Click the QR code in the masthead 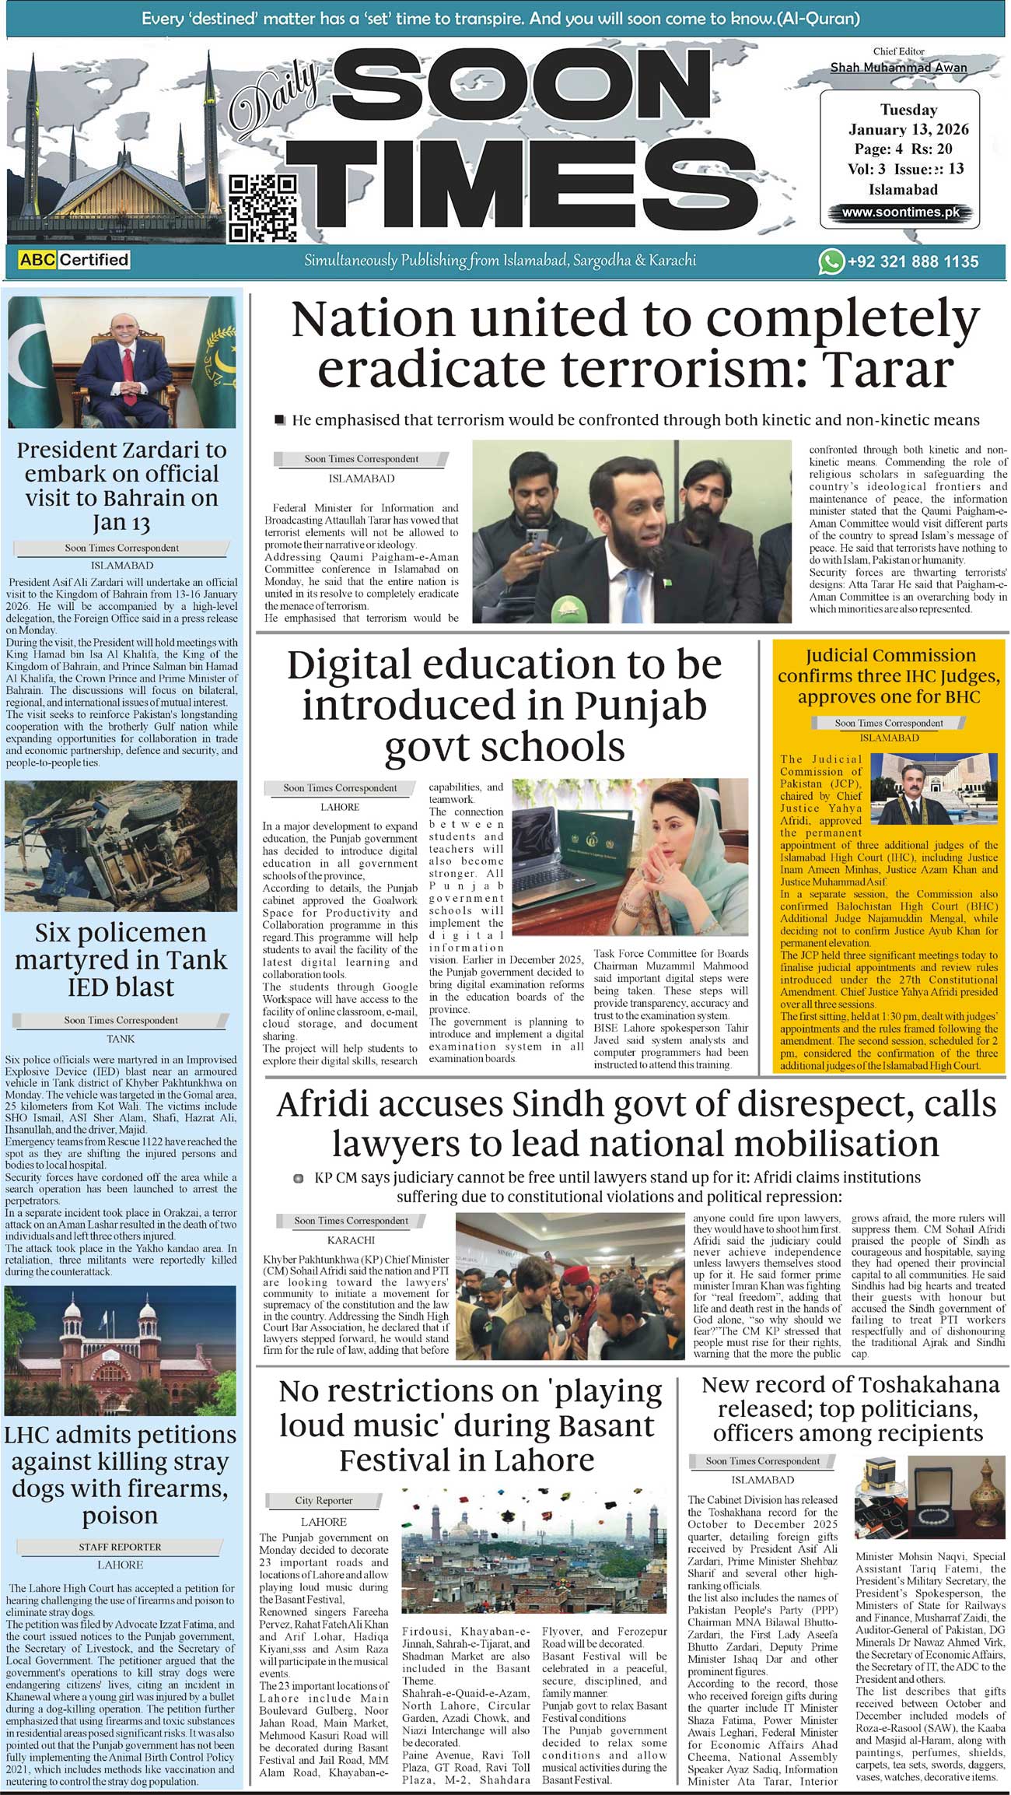[263, 208]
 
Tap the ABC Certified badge [74, 259]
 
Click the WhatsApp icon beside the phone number [831, 261]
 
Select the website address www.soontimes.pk [901, 212]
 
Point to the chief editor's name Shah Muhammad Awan [898, 68]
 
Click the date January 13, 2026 [908, 129]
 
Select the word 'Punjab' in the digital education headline [641, 706]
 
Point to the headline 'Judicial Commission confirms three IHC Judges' [889, 675]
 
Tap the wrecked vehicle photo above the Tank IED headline [121, 846]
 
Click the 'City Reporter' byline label [324, 1500]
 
